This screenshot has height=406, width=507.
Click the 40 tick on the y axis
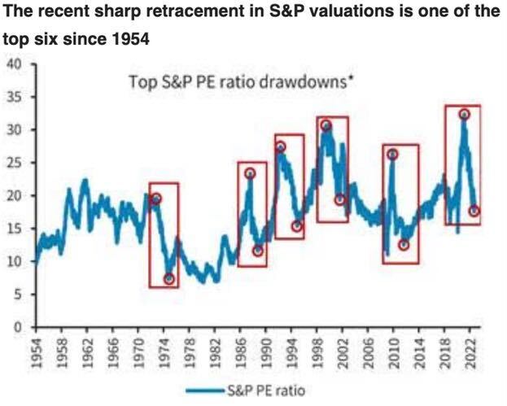[15, 63]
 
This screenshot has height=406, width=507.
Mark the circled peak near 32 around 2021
[464, 115]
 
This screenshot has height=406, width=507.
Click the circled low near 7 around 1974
[168, 279]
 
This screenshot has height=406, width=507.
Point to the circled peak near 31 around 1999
[326, 125]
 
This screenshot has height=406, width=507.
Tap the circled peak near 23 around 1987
[250, 173]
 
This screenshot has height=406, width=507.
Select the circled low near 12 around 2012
[404, 245]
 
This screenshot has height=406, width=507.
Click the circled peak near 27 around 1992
[281, 147]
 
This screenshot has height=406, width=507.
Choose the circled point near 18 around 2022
[474, 211]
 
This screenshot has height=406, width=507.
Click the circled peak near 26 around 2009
[392, 155]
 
